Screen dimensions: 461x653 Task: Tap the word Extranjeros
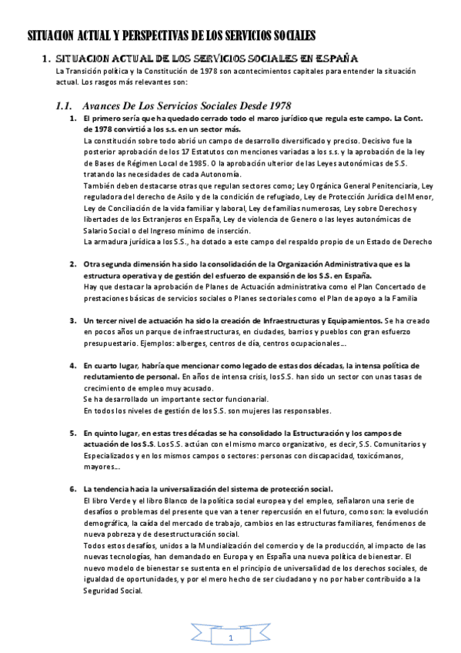coord(149,219)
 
